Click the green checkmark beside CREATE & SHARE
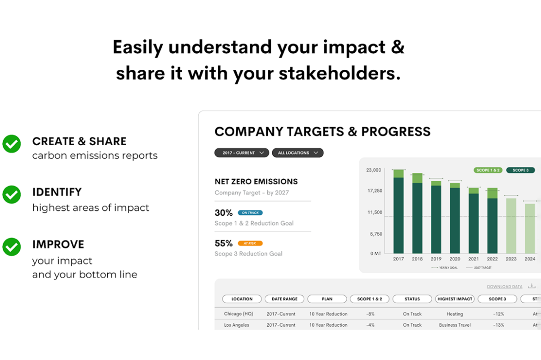tap(12, 144)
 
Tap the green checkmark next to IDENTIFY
tap(12, 195)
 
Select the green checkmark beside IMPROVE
tap(12, 247)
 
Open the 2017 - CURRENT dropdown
tap(241, 153)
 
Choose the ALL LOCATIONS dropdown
tap(297, 153)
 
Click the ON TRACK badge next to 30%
tap(250, 213)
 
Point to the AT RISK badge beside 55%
tap(250, 244)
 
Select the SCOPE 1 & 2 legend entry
tap(488, 170)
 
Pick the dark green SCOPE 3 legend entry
tap(520, 170)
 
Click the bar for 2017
tap(399, 213)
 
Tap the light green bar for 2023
tap(511, 226)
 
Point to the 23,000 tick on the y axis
tap(374, 170)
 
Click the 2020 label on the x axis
tap(455, 259)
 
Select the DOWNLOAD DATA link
tap(504, 287)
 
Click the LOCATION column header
tap(242, 299)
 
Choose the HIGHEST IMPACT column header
tap(455, 299)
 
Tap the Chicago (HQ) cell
tap(238, 314)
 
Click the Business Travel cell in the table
tap(455, 325)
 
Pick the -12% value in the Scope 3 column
tap(498, 314)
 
